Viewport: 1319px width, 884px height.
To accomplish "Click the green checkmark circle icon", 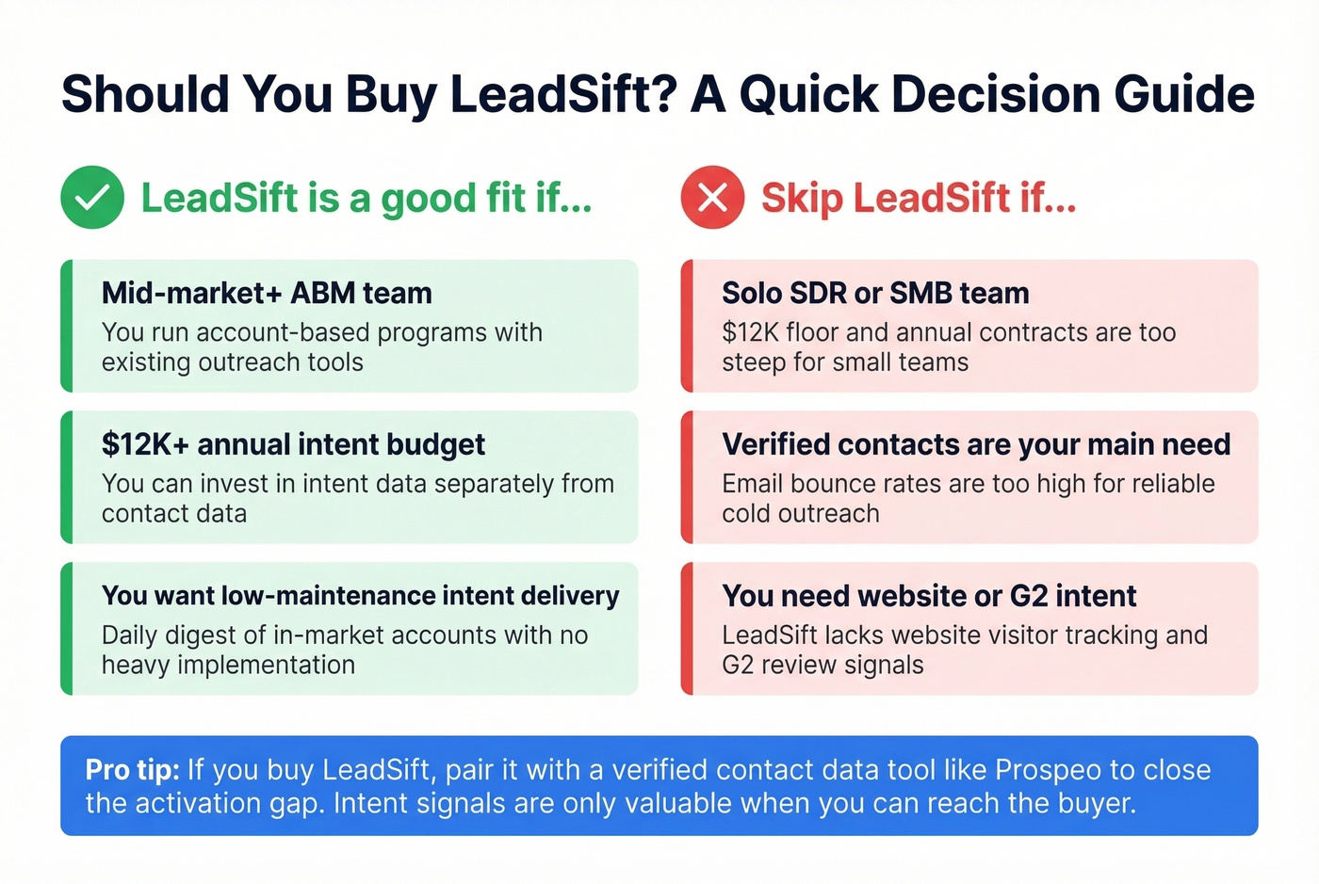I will [x=92, y=198].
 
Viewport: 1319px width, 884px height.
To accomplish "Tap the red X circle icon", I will [x=712, y=198].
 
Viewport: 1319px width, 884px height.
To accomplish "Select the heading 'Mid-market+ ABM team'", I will [x=267, y=293].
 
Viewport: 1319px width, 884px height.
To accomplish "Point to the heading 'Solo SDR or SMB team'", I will [x=875, y=293].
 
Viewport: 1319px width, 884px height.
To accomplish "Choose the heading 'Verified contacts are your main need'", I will [x=976, y=444].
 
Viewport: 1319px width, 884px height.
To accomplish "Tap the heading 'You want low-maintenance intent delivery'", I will [x=360, y=596].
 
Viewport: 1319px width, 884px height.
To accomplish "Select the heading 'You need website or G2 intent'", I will [x=929, y=596].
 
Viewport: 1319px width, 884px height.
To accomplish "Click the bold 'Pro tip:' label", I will [x=132, y=770].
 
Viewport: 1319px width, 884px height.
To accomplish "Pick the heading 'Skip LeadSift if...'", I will [x=918, y=198].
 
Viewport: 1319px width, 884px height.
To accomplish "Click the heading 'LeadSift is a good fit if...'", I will [x=366, y=198].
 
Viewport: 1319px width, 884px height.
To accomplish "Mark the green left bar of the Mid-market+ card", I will [x=66, y=326].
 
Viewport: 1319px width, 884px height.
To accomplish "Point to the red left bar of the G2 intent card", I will [x=687, y=629].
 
